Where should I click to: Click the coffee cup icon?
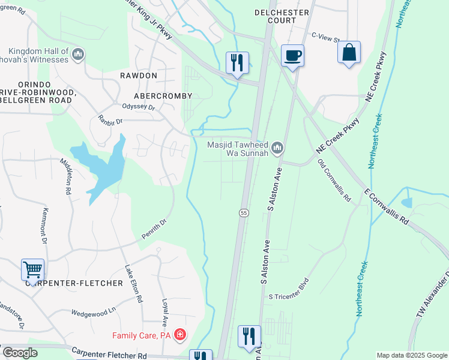(x=292, y=56)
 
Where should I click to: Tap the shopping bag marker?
(x=349, y=52)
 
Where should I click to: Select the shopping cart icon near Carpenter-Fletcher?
(x=32, y=269)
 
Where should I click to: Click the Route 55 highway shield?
(x=243, y=213)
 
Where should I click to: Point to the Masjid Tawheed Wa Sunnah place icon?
(x=277, y=148)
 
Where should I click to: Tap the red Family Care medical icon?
(x=179, y=334)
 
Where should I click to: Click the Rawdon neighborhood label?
(x=138, y=76)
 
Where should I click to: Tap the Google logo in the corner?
(x=20, y=353)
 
